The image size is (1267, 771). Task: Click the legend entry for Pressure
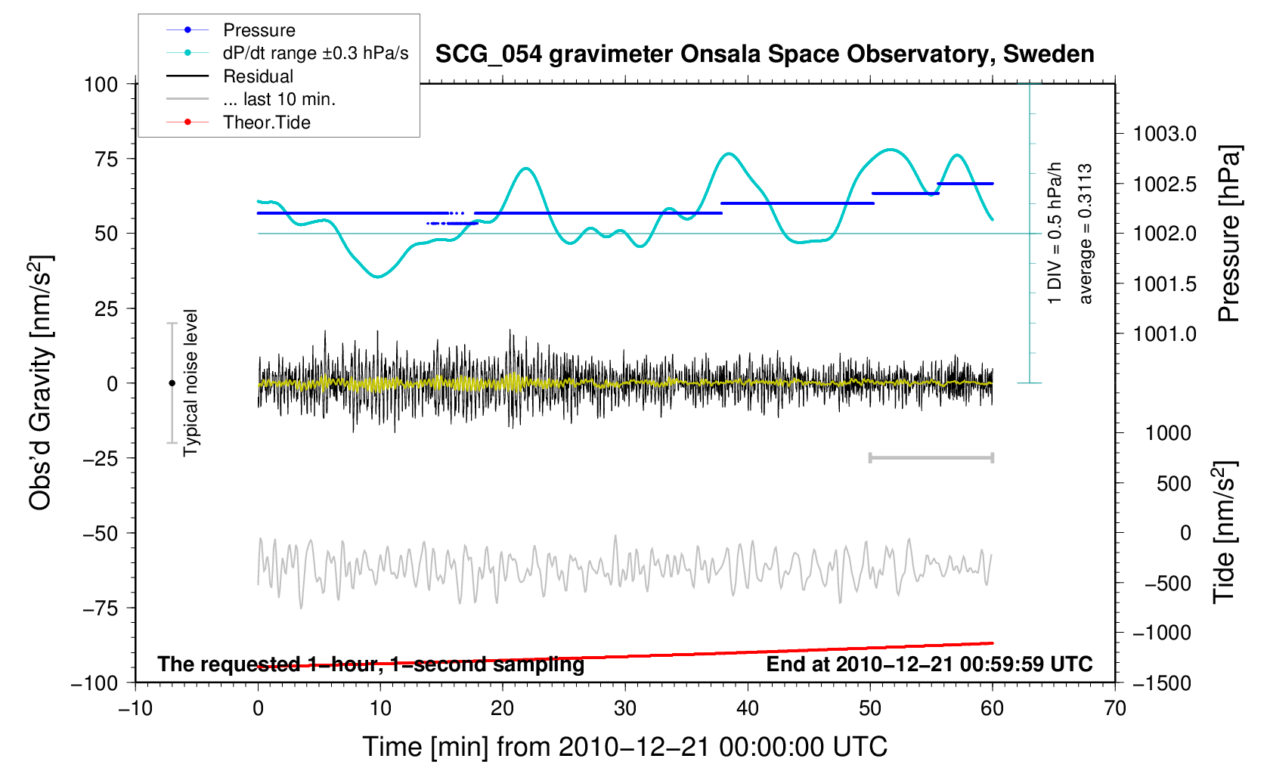tap(259, 30)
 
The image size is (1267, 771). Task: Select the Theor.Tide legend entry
tap(266, 122)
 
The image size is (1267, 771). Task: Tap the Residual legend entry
tap(258, 76)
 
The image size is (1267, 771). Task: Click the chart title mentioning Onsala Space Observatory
tap(764, 54)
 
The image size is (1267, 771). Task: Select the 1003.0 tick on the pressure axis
tap(1164, 135)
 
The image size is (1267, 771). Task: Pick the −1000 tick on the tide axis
tap(1161, 633)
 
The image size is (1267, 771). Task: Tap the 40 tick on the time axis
tap(747, 708)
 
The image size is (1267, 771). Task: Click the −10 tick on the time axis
tap(135, 708)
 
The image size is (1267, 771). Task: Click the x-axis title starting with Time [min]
tap(624, 747)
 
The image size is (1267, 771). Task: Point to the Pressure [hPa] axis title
tap(1229, 234)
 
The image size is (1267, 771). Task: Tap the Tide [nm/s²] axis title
tap(1225, 532)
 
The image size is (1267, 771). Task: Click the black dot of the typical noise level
tap(172, 383)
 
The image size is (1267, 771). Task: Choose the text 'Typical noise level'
tap(191, 383)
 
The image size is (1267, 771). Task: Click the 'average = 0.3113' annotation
tap(1086, 234)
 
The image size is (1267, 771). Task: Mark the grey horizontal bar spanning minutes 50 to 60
tap(931, 458)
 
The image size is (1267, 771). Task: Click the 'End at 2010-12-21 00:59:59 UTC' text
tap(929, 664)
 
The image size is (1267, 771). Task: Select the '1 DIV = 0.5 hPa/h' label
tap(1055, 234)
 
